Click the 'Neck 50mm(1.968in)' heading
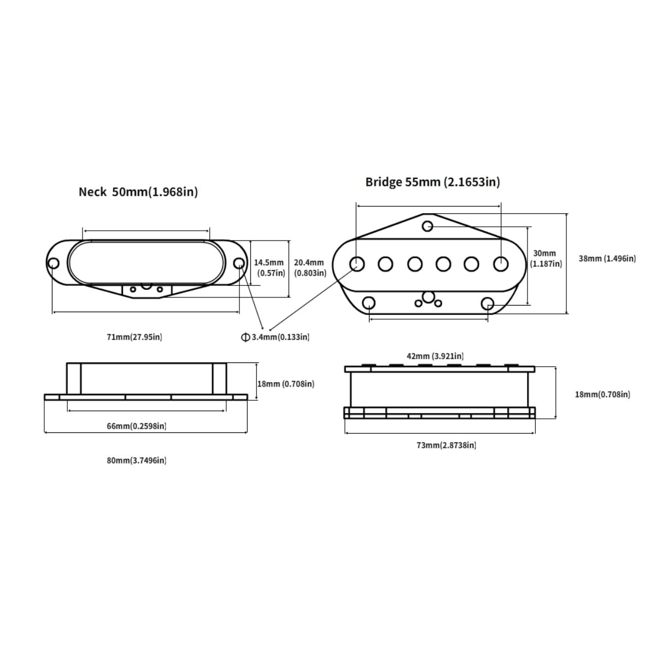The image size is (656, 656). click(x=138, y=192)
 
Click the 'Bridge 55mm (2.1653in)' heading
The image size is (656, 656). click(x=432, y=182)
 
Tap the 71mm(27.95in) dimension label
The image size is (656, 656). click(x=134, y=337)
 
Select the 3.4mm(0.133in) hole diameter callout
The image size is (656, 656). click(x=276, y=337)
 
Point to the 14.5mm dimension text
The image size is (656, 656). click(x=269, y=263)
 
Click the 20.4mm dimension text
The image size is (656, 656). click(x=309, y=263)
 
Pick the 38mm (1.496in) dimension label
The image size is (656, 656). click(x=607, y=259)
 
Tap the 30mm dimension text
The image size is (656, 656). click(x=544, y=254)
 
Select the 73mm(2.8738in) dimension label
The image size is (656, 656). click(x=446, y=445)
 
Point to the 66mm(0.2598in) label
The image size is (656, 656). click(x=137, y=426)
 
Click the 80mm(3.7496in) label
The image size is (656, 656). click(x=137, y=460)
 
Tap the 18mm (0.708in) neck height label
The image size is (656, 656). click(x=286, y=384)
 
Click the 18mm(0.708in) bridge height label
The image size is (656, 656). click(x=602, y=394)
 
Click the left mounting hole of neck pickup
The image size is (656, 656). click(x=53, y=263)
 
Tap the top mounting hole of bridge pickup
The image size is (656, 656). click(x=428, y=226)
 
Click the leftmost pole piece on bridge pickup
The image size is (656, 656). click(x=357, y=264)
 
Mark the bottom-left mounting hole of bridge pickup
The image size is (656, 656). click(x=370, y=302)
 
